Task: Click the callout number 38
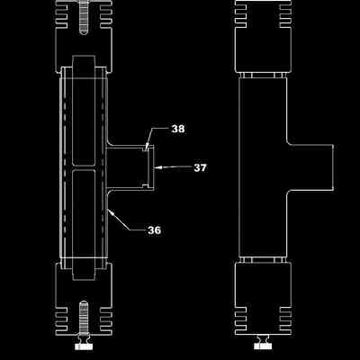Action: coord(178,129)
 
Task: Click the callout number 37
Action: coord(200,167)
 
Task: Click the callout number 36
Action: coord(154,230)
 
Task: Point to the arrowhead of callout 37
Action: coord(157,166)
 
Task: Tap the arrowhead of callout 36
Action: coord(111,212)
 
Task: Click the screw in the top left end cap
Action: coord(84,17)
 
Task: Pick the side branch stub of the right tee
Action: coord(310,167)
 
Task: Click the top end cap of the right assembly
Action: coord(263,36)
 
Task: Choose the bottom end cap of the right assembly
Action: coord(263,299)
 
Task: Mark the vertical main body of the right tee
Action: coord(263,167)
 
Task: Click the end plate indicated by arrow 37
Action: coord(151,167)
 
